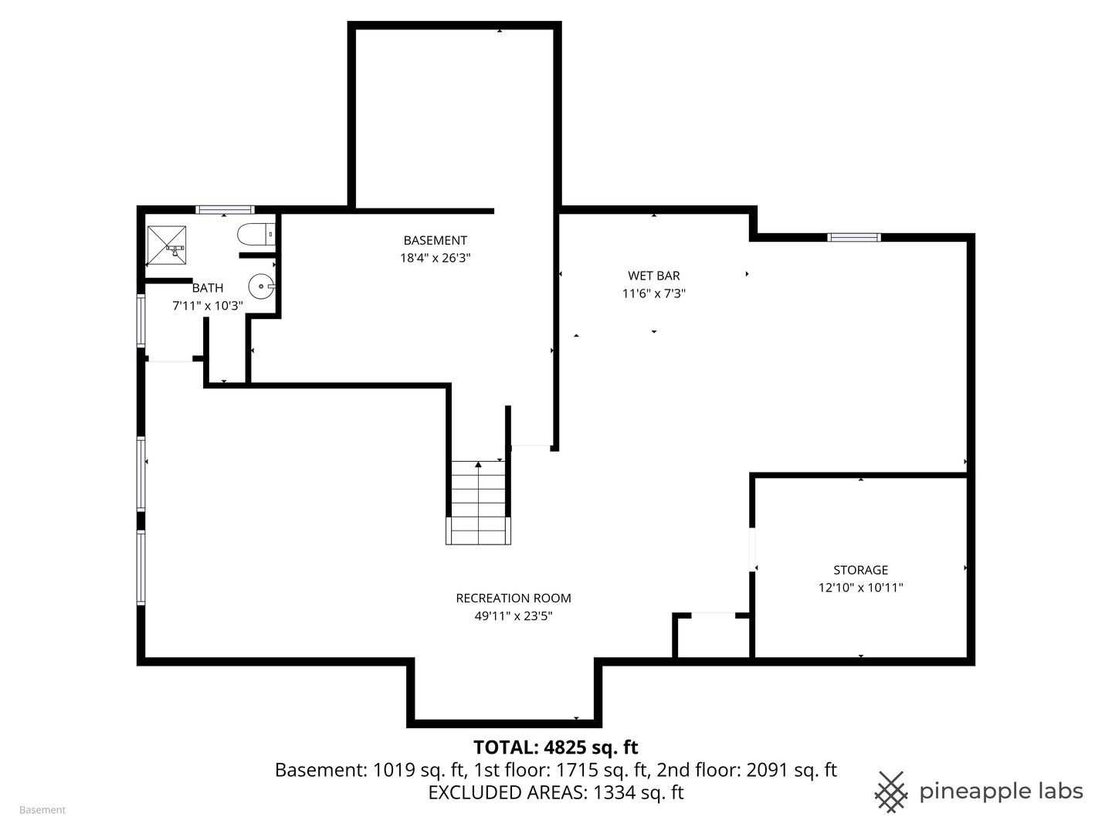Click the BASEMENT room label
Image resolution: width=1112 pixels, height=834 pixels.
coord(435,240)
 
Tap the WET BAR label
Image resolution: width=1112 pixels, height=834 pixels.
coord(653,276)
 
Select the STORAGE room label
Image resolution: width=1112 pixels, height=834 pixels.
coord(860,570)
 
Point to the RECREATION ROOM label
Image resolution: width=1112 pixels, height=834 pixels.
coord(513,598)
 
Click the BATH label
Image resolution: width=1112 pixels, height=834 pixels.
coord(207,288)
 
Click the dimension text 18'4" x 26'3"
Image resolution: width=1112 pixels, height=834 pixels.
coord(435,259)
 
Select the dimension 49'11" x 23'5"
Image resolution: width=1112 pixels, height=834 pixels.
coord(513,616)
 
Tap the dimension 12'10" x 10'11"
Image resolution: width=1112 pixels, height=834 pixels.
coord(860,588)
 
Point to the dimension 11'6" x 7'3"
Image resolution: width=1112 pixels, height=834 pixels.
coord(653,293)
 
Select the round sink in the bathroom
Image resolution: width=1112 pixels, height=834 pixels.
coord(263,286)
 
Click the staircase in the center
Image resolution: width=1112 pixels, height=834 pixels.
coord(479,502)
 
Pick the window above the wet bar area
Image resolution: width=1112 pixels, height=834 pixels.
coord(853,237)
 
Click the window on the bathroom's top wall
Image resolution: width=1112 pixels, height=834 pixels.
coord(225,209)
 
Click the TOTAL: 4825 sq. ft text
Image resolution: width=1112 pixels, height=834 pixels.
coord(555,747)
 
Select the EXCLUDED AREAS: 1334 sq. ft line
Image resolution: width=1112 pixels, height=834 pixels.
coord(555,792)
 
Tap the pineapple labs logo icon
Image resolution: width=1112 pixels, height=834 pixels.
coord(890,792)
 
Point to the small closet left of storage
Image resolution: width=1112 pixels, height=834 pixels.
coord(713,637)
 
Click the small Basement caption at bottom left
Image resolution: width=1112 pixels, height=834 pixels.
coord(42,810)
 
